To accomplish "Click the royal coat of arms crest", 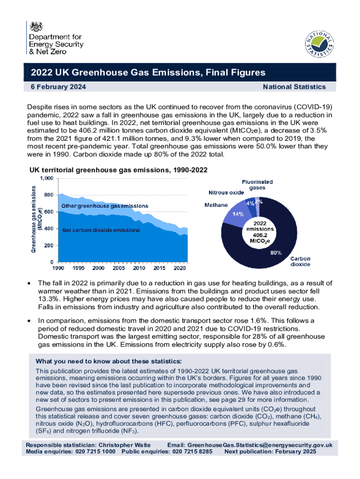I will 36,27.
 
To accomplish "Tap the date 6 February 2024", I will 58,87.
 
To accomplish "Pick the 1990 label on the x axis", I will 58,269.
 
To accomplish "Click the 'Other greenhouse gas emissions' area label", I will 105,206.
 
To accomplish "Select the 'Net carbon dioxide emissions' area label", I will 101,230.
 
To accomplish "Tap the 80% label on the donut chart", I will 276,253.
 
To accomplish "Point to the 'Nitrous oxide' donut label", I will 226,193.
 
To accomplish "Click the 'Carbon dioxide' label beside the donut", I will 301,261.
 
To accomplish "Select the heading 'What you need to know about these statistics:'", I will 109,362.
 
